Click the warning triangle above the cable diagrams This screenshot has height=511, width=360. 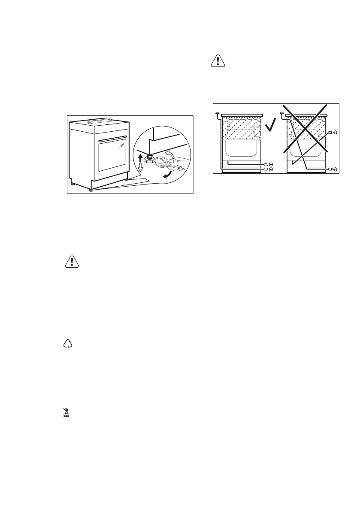[x=218, y=61]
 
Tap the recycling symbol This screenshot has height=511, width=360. [x=67, y=343]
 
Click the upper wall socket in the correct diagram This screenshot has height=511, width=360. [x=271, y=164]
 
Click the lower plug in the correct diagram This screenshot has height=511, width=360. [x=266, y=169]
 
